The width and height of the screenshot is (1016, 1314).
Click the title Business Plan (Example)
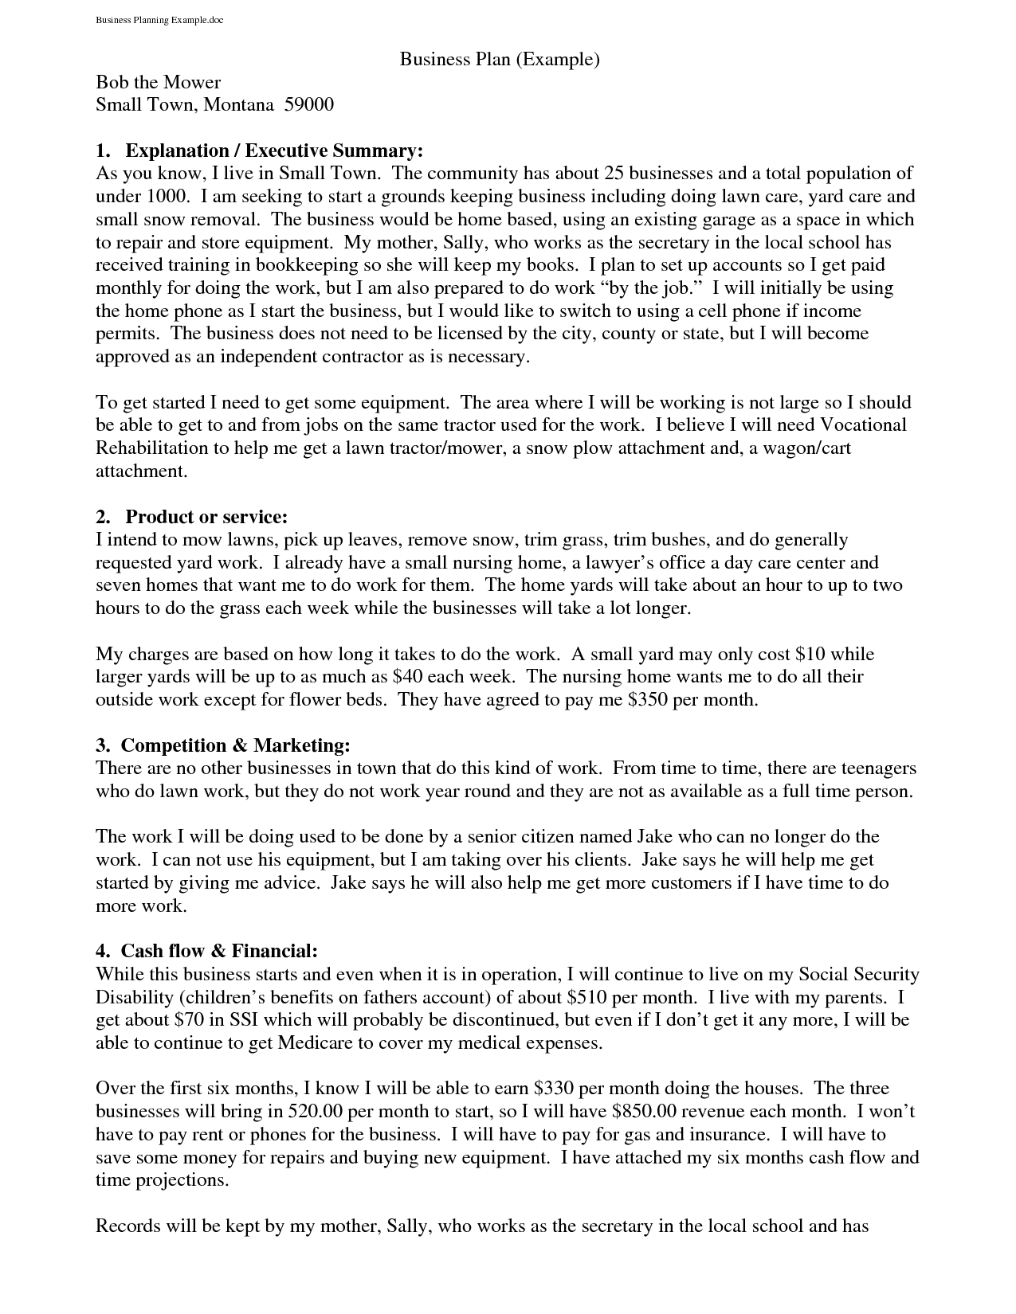pos(499,59)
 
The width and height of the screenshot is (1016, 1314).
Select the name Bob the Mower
pos(158,82)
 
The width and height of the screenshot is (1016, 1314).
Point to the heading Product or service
pos(206,517)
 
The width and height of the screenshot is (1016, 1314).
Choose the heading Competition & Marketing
pos(235,745)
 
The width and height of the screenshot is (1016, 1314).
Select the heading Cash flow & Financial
pos(219,951)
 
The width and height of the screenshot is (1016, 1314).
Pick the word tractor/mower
pos(445,448)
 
